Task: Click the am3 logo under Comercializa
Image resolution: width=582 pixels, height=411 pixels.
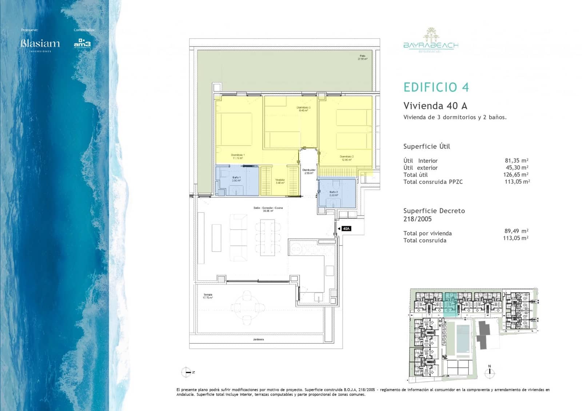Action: point(82,43)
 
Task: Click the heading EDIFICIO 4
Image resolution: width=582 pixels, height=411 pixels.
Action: point(436,87)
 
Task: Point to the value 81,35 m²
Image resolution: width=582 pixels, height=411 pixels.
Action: point(516,160)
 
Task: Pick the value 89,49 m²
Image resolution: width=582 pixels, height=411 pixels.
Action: point(516,231)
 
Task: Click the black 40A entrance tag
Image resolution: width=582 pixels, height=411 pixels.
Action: point(346,229)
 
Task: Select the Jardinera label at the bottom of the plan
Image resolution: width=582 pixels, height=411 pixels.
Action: point(258,339)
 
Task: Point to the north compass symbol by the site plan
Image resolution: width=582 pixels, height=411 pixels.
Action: point(490,372)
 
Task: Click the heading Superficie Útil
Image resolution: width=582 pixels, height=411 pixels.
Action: point(426,147)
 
